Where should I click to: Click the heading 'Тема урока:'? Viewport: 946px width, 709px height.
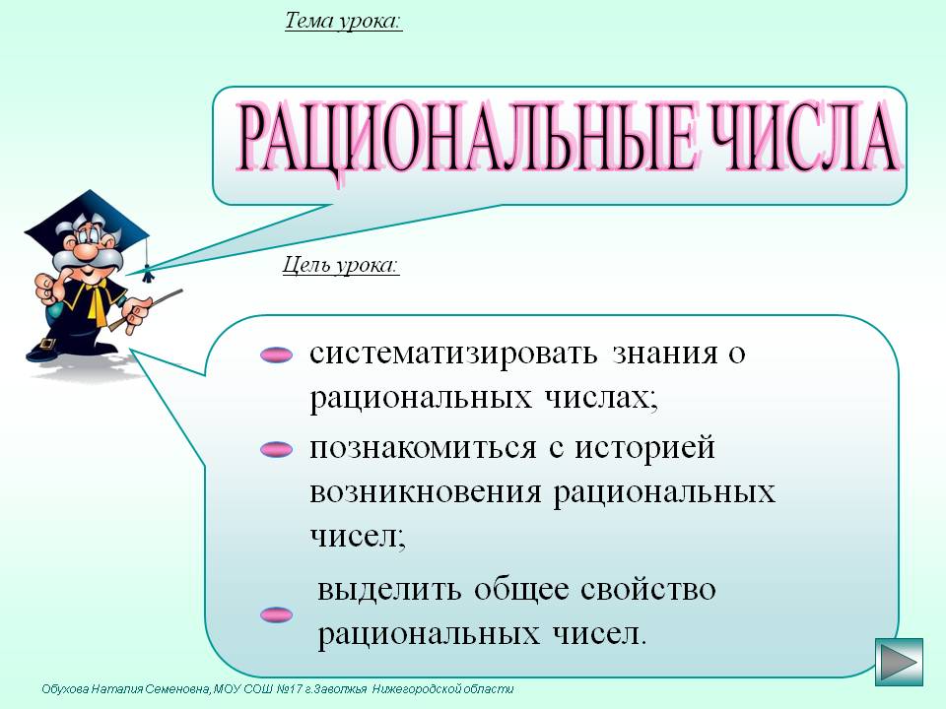(x=343, y=22)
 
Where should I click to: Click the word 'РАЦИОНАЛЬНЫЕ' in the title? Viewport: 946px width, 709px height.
(x=467, y=138)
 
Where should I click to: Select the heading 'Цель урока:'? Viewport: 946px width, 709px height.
(x=342, y=265)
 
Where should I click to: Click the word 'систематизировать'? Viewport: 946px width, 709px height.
(x=453, y=354)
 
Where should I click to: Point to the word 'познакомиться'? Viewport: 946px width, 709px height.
(x=423, y=449)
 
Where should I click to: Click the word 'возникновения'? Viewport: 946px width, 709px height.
(x=426, y=493)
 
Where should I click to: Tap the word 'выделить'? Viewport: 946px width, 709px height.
(x=389, y=590)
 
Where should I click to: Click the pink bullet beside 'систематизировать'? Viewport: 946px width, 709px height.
(x=276, y=354)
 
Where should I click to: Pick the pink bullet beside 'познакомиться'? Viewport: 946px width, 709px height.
(x=276, y=450)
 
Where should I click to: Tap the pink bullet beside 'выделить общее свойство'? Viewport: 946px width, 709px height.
(x=276, y=614)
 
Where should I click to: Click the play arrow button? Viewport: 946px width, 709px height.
(x=899, y=662)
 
